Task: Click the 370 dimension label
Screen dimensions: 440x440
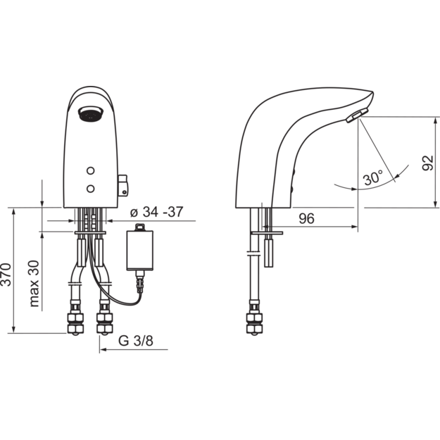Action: (6, 275)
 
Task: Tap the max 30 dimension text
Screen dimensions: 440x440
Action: (34, 284)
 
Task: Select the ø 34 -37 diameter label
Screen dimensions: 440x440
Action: (156, 212)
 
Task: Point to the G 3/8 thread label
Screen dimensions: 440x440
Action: (136, 341)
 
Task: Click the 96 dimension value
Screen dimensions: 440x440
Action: (306, 219)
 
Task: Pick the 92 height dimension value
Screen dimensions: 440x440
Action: (427, 163)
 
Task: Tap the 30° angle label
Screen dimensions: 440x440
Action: (373, 177)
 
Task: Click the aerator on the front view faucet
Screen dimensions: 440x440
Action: (91, 113)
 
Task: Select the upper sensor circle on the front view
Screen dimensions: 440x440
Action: (90, 170)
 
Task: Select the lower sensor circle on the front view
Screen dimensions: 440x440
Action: (90, 189)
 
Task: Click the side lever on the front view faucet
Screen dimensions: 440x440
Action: (122, 185)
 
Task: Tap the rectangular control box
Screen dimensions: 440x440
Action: (140, 251)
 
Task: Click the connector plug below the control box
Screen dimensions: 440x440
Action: (140, 282)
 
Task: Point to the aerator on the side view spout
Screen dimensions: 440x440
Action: (357, 115)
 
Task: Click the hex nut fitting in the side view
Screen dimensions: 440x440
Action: (254, 323)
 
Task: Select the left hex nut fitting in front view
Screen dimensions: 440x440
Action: (75, 323)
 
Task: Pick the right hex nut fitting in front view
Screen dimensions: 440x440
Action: (104, 323)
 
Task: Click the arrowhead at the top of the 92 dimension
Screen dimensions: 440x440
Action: (435, 120)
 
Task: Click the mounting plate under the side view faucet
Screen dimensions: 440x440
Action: (267, 232)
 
